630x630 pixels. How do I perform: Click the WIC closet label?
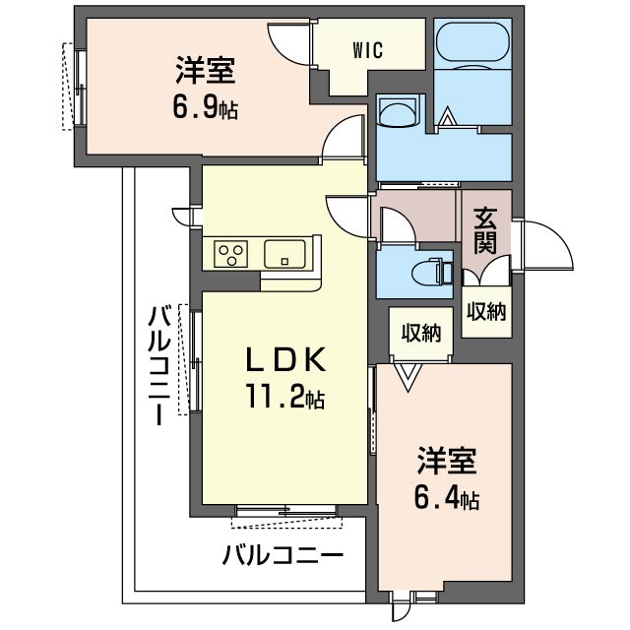pyautogui.click(x=368, y=50)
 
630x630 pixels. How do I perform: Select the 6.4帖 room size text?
pyautogui.click(x=447, y=499)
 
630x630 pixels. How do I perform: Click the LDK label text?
pyautogui.click(x=285, y=359)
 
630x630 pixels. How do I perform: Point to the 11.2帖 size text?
pyautogui.click(x=285, y=397)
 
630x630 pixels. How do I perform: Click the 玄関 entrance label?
pyautogui.click(x=485, y=231)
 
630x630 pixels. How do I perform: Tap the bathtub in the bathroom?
pyautogui.click(x=472, y=41)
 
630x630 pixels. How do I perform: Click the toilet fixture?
pyautogui.click(x=432, y=274)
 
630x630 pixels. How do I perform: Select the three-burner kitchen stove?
pyautogui.click(x=230, y=254)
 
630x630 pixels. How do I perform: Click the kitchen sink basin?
pyautogui.click(x=284, y=254)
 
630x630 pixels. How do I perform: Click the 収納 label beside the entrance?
pyautogui.click(x=486, y=311)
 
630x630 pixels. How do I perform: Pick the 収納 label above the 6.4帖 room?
pyautogui.click(x=421, y=333)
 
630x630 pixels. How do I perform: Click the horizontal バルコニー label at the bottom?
pyautogui.click(x=283, y=555)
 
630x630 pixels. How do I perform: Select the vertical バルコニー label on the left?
pyautogui.click(x=159, y=365)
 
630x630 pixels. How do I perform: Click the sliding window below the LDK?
pyautogui.click(x=286, y=510)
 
